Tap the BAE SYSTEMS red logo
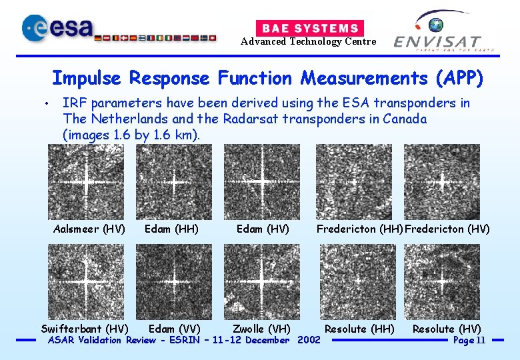click(309, 28)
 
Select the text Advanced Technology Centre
click(308, 42)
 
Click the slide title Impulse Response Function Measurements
click(267, 78)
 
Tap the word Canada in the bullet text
click(403, 119)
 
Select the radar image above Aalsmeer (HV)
click(86, 182)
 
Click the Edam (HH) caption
click(171, 229)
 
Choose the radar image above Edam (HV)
click(262, 182)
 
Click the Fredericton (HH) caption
click(359, 229)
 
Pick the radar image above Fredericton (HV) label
click(442, 182)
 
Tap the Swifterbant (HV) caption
click(85, 329)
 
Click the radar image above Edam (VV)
click(174, 281)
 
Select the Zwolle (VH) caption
click(261, 329)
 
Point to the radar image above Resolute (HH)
click(358, 281)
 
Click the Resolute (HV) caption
click(447, 329)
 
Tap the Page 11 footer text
click(469, 341)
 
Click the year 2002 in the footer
click(309, 341)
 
